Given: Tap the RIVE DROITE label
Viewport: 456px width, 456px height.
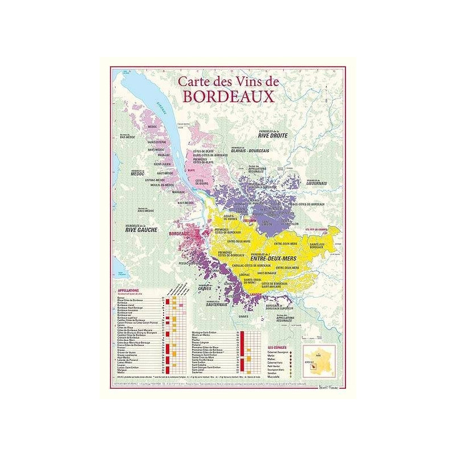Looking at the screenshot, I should tap(272, 136).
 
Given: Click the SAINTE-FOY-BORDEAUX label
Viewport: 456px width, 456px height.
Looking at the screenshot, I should tap(321, 246).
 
